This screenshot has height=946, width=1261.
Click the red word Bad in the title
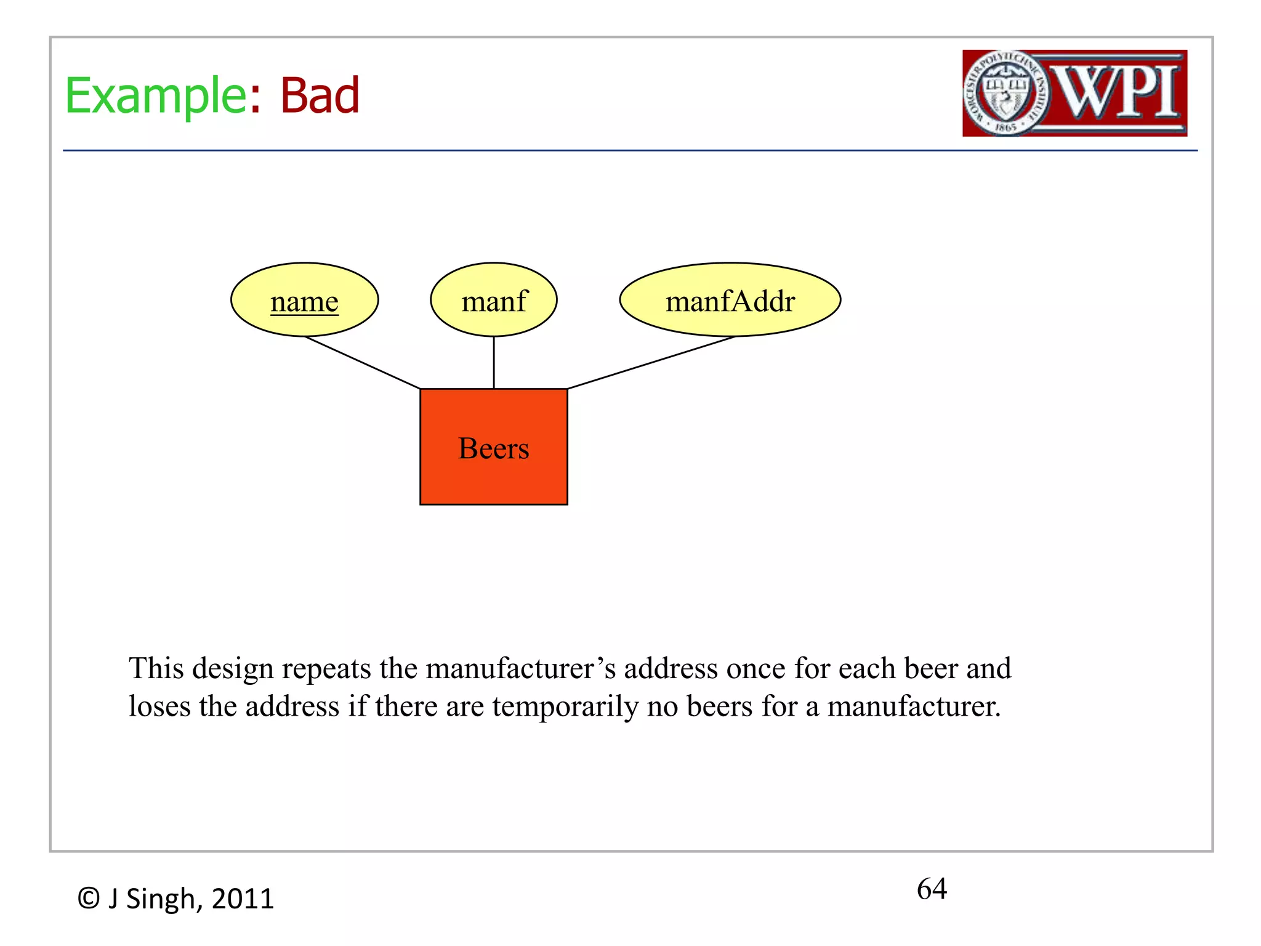coord(320,96)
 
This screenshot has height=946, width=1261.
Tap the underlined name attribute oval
coord(305,301)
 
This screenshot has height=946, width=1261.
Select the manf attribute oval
coord(494,301)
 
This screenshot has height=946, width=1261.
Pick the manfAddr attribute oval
coord(730,301)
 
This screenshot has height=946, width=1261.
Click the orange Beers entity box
coord(494,447)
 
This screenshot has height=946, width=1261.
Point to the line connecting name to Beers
coord(363,363)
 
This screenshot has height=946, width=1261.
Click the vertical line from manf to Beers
coord(494,363)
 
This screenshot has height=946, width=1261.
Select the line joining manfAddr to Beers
coord(651,363)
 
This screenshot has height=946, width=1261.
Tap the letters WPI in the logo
coord(1118,92)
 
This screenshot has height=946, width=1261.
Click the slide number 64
coord(932,889)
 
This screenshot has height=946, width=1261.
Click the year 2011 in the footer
coord(243,899)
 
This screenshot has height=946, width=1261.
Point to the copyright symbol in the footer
coord(89,899)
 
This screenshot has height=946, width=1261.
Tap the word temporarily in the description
coord(565,706)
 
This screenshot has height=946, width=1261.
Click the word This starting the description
coord(156,669)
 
